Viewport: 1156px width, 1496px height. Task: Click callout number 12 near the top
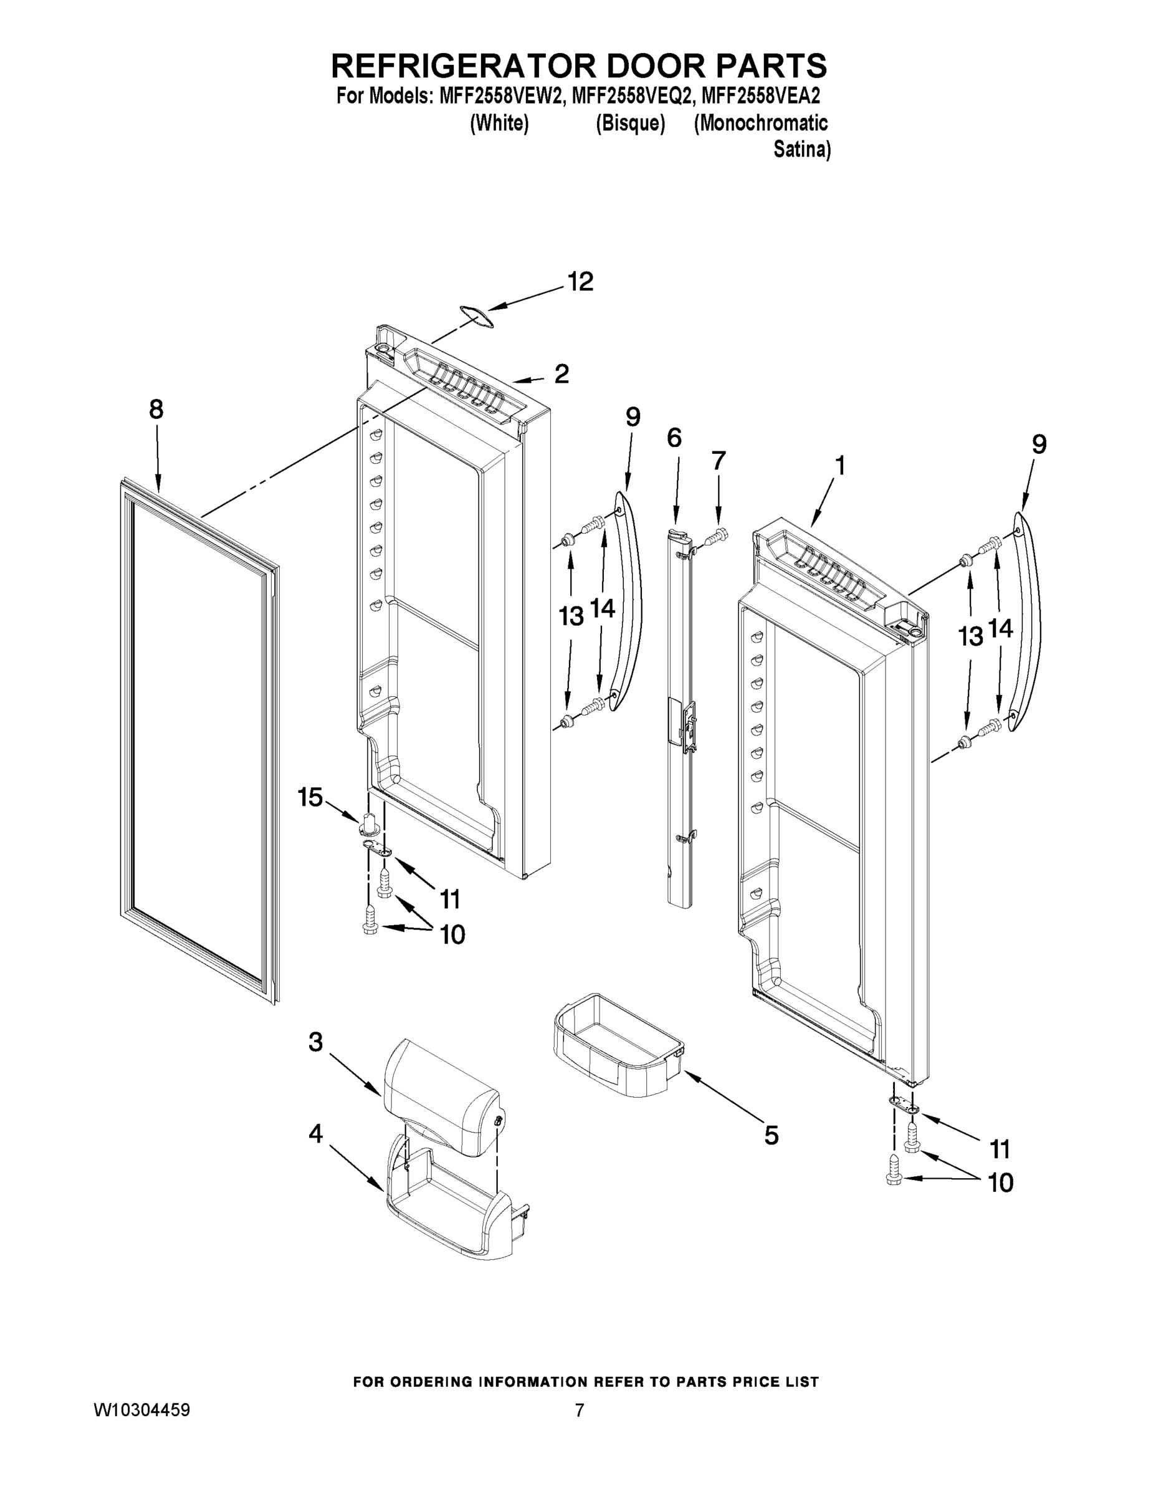[x=580, y=282]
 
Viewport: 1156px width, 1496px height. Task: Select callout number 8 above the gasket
[x=156, y=410]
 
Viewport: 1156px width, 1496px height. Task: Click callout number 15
[x=310, y=797]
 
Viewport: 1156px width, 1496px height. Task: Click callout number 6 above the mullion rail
[x=674, y=437]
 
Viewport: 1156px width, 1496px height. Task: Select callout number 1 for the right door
[x=839, y=466]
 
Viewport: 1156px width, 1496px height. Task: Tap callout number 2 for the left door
[x=561, y=374]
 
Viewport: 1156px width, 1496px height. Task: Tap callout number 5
[x=771, y=1135]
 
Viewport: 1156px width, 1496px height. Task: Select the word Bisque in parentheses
[x=630, y=123]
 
